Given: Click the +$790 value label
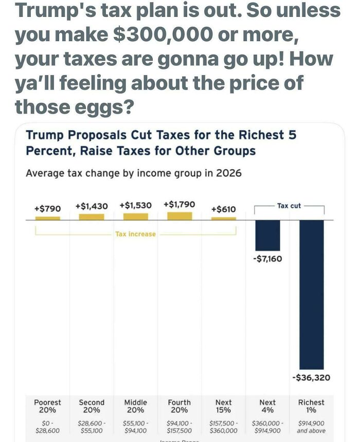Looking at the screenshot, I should (47, 208).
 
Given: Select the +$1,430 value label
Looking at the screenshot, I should (92, 206).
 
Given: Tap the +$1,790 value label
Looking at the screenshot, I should (179, 204).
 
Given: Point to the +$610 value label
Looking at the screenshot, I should (224, 209).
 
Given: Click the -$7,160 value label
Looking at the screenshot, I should (267, 259).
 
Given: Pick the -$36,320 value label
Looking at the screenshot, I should (312, 378).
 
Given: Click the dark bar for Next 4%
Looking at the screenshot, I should (267, 235).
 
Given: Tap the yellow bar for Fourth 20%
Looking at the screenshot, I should (179, 216).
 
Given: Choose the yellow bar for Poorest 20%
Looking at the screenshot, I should (47, 218).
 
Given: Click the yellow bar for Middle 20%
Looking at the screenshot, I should (135, 216).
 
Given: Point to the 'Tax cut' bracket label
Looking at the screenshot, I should (289, 206).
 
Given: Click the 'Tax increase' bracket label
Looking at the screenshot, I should (135, 234).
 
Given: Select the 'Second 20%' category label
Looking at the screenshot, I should (92, 406).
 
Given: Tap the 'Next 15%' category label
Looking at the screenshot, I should (224, 406).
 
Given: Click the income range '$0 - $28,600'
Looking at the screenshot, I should (47, 427).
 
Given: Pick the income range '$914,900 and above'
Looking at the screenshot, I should (312, 427).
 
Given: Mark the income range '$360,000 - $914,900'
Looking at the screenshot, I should (267, 427).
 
